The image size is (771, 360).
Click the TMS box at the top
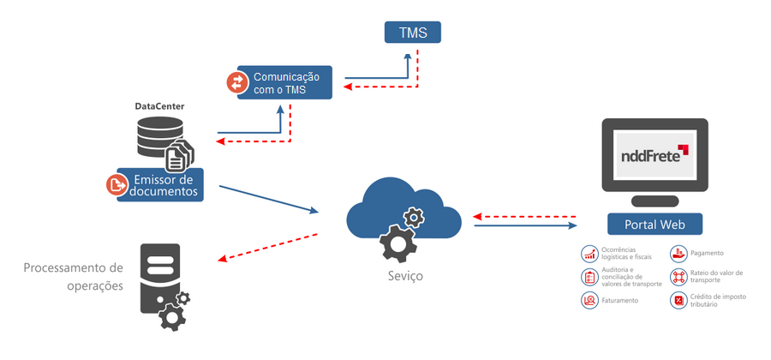(x=412, y=33)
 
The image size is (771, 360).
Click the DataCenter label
(x=159, y=106)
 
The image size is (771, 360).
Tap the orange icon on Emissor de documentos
(x=116, y=185)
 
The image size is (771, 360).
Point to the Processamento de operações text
(x=74, y=276)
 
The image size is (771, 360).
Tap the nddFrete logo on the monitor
(x=654, y=154)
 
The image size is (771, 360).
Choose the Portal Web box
(x=654, y=225)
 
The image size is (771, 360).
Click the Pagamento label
(x=707, y=253)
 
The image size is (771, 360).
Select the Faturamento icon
(x=589, y=300)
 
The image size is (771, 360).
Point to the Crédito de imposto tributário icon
(x=677, y=300)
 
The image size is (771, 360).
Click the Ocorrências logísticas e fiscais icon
(x=589, y=253)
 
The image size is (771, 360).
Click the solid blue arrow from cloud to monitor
(x=525, y=225)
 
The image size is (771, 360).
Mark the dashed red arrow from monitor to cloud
(x=525, y=214)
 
